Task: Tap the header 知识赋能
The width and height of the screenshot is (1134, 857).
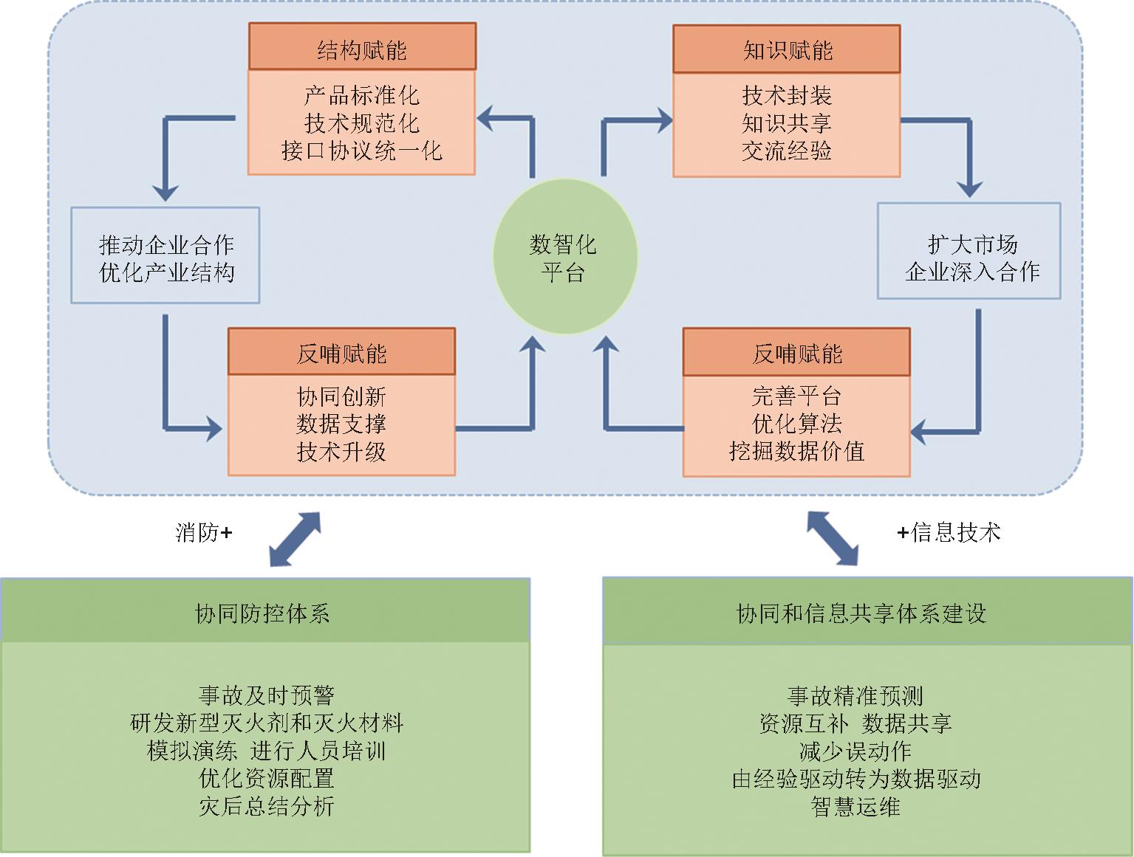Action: (x=787, y=49)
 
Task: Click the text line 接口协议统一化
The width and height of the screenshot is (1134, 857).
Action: (x=362, y=151)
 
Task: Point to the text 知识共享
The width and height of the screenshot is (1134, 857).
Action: (x=787, y=123)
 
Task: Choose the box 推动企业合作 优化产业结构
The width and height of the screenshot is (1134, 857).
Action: (x=165, y=255)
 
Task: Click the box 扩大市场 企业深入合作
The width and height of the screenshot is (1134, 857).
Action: (x=969, y=252)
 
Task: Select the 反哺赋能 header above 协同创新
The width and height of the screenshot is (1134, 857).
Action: (x=341, y=354)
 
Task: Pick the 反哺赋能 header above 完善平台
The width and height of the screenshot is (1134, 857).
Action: (x=796, y=354)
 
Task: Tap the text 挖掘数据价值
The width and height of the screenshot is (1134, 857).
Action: (x=796, y=451)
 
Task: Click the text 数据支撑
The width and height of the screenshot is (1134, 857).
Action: (x=341, y=424)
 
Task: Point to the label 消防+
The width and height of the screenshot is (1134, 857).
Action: (x=204, y=532)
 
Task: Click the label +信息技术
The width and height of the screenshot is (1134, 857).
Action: (x=949, y=532)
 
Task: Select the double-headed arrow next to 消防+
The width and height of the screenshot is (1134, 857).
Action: (x=295, y=539)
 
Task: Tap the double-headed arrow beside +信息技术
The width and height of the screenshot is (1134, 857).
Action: (x=832, y=537)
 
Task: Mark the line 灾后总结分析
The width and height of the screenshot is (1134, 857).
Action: (x=266, y=805)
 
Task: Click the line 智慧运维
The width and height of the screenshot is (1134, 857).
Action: (x=855, y=806)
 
